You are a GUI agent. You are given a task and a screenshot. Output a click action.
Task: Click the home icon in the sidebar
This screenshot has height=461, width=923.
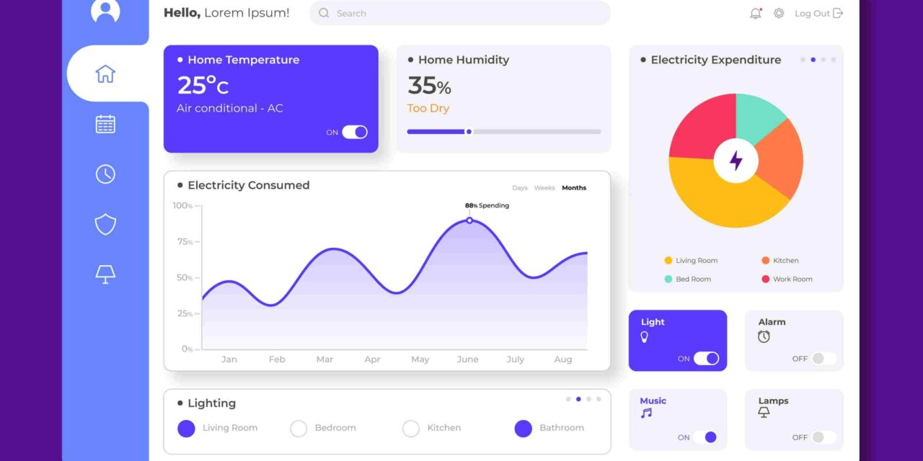pos(105,73)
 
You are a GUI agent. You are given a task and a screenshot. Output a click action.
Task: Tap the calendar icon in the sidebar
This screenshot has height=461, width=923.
pos(105,124)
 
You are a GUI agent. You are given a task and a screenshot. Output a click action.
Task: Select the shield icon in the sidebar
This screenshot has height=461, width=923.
pos(105,224)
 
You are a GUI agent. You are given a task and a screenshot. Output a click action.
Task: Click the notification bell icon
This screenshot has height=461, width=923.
pos(755,13)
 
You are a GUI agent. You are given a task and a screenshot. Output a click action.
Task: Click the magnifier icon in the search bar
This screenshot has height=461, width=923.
pos(324,13)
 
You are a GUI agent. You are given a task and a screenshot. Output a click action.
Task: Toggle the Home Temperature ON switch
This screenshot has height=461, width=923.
pos(354,132)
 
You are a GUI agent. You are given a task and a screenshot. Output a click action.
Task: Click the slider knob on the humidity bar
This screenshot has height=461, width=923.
pos(469,132)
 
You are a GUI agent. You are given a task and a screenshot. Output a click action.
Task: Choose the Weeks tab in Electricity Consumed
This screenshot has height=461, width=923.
pos(544,188)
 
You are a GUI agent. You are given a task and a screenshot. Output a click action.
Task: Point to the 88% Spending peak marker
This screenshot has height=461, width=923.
pos(469,220)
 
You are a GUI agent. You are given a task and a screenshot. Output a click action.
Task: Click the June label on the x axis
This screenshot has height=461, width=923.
pos(467,359)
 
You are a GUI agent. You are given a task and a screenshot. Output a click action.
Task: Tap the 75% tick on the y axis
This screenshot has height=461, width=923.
pos(183,242)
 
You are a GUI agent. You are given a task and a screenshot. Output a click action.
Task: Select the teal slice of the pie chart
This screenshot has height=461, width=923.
pos(759,116)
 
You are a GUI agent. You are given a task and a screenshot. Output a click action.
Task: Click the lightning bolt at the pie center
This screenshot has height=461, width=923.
pos(736,160)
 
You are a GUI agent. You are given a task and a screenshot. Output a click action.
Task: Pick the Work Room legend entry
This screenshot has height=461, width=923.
pos(792,279)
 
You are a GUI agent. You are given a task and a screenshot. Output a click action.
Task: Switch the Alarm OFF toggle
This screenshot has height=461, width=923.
pos(823,359)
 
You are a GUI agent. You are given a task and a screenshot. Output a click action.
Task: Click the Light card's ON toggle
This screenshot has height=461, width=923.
pos(706,359)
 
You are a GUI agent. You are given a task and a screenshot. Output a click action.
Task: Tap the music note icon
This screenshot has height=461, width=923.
pos(646,413)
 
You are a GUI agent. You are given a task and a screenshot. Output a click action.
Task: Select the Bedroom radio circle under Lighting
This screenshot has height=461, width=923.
pos(299,429)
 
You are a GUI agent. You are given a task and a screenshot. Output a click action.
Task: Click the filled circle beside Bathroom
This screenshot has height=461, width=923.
pos(523,429)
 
